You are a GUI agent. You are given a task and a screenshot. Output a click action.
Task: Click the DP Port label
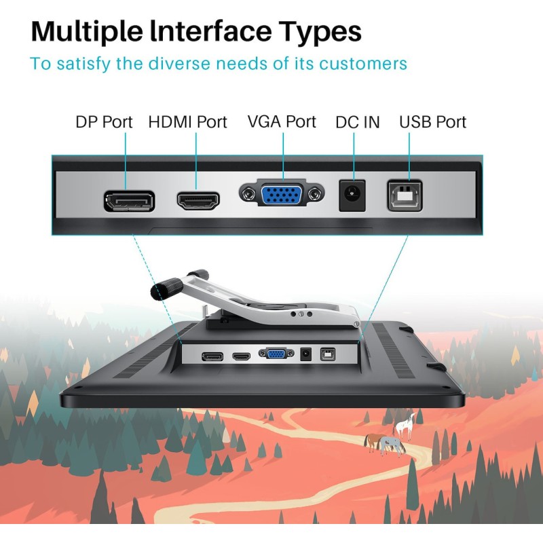click(x=104, y=122)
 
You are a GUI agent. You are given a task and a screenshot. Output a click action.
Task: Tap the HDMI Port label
click(x=188, y=122)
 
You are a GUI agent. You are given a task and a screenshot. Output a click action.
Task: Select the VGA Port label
click(x=282, y=121)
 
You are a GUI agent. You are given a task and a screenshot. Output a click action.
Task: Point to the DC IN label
click(x=358, y=122)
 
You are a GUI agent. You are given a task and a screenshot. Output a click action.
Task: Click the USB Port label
click(x=433, y=122)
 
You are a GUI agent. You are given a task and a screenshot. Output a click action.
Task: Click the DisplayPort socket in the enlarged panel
click(x=129, y=201)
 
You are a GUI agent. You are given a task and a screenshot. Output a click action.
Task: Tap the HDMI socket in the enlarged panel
click(x=198, y=201)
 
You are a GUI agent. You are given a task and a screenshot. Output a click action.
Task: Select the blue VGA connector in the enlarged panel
click(x=282, y=195)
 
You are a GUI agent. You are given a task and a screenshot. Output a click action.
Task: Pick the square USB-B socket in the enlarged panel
click(x=405, y=195)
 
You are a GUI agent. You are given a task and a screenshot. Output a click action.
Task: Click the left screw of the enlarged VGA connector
click(x=248, y=194)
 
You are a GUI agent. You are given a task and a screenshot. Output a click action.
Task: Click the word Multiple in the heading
click(x=87, y=32)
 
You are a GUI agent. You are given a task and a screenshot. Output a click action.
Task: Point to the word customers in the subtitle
click(x=363, y=64)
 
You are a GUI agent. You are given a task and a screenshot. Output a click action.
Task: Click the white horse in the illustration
click(x=405, y=426)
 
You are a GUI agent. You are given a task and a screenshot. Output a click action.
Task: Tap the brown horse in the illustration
click(x=373, y=443)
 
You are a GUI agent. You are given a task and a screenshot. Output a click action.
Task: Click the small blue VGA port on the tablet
click(x=276, y=354)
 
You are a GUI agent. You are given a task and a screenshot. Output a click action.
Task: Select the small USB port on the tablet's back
click(x=327, y=354)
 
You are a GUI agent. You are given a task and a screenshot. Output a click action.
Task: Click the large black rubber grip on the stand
click(x=166, y=288)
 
